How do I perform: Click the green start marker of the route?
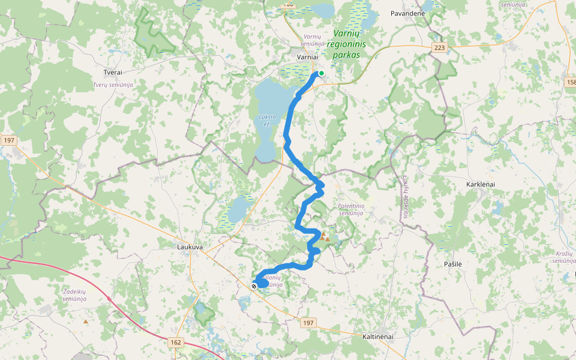pyautogui.click(x=322, y=73)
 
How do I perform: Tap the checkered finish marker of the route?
pyautogui.click(x=254, y=286)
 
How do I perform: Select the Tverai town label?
pyautogui.click(x=113, y=72)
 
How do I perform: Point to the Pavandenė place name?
pyautogui.click(x=407, y=13)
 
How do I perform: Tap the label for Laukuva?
pyautogui.click(x=190, y=246)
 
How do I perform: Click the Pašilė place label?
pyautogui.click(x=453, y=264)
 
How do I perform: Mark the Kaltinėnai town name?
pyautogui.click(x=378, y=337)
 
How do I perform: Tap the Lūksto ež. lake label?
pyautogui.click(x=267, y=120)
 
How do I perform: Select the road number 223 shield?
pyautogui.click(x=439, y=47)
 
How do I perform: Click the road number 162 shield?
pyautogui.click(x=175, y=342)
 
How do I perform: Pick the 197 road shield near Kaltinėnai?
pyautogui.click(x=308, y=323)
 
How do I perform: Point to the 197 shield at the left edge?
pyautogui.click(x=8, y=140)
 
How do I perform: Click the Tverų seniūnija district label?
pyautogui.click(x=113, y=85)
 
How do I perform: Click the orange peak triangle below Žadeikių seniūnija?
pyautogui.click(x=86, y=322)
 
